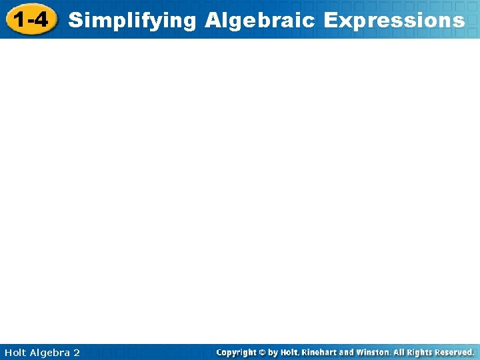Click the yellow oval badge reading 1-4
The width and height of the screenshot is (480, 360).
31,20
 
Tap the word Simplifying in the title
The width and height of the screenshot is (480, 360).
133,21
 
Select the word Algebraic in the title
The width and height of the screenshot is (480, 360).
261,20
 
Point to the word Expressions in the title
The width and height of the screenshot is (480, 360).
394,20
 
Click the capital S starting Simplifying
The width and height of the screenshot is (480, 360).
75,20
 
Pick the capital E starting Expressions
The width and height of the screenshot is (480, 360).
330,20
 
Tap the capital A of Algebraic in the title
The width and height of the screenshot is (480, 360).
213,20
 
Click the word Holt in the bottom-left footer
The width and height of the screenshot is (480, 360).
15,352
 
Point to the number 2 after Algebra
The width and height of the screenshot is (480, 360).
77,352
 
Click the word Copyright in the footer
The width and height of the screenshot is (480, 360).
239,352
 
